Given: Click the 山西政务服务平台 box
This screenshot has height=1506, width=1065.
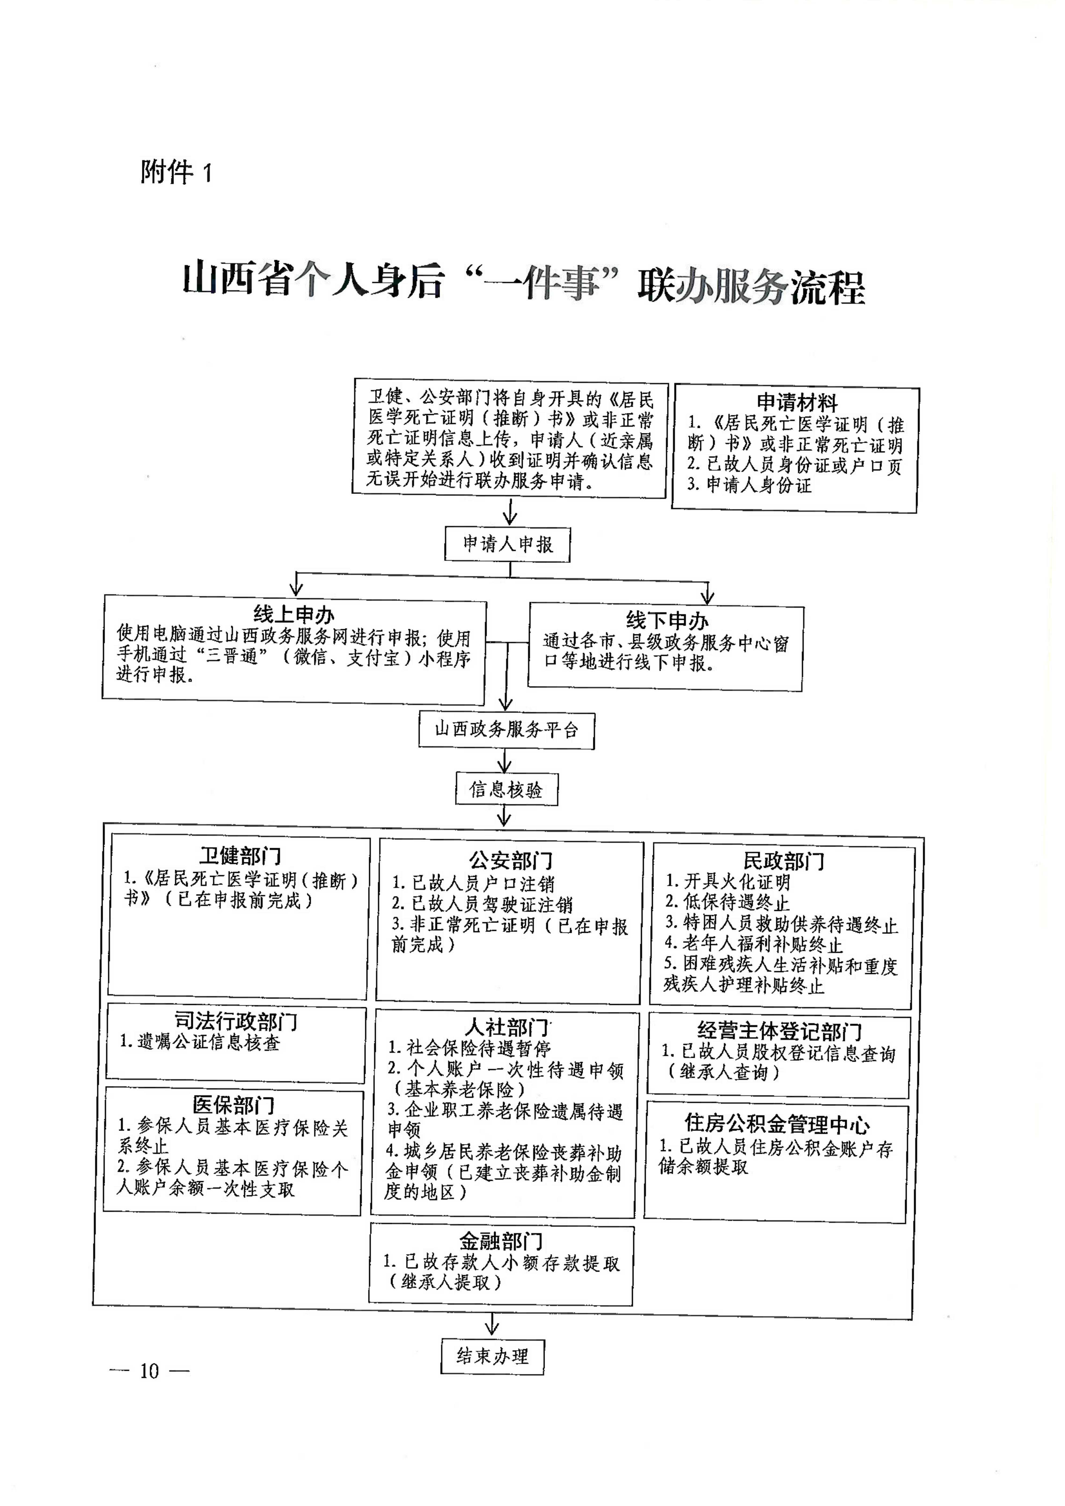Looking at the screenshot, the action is pos(507,730).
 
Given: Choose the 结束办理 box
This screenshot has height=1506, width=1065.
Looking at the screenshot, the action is pos(492,1357).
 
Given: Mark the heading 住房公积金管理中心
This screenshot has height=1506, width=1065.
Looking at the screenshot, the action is pos(778,1124).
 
